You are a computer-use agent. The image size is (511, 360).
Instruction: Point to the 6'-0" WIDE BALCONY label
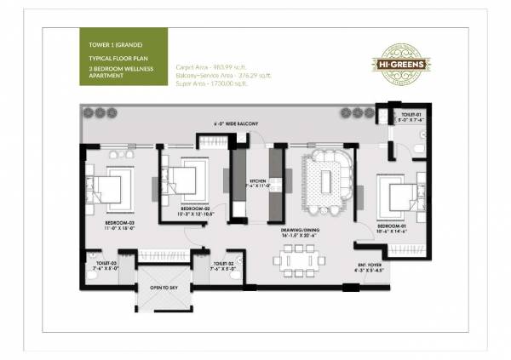point(236,125)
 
